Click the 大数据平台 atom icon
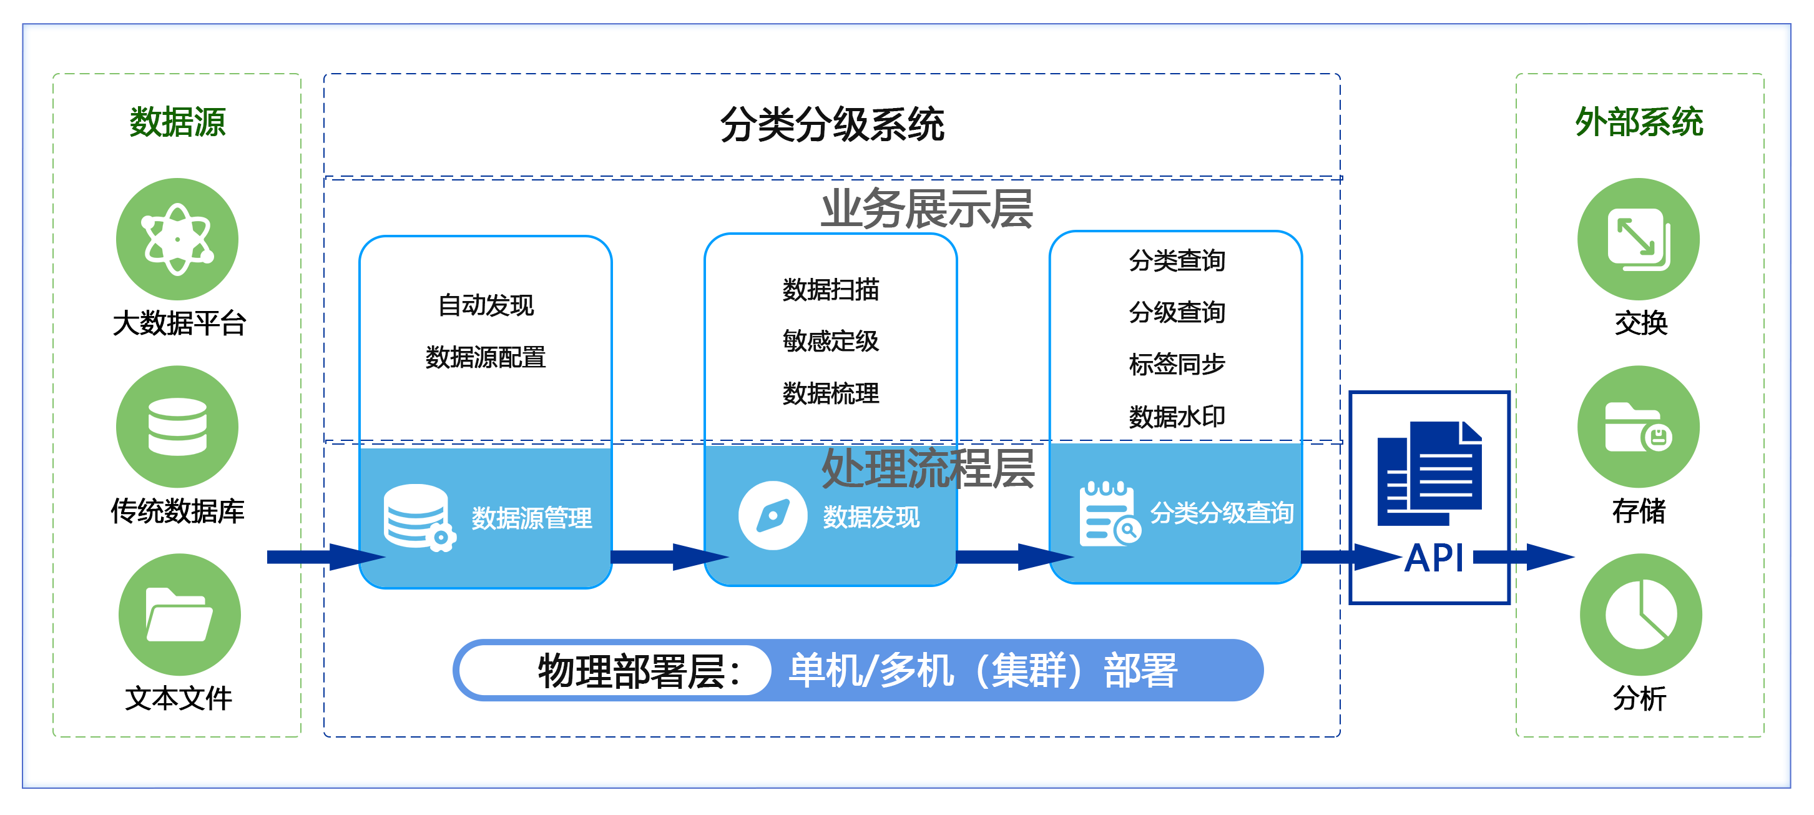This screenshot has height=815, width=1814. coord(177,239)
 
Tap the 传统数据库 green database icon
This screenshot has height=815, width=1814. coord(177,427)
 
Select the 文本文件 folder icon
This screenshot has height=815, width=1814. coord(179,615)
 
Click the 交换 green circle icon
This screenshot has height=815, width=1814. coord(1638,239)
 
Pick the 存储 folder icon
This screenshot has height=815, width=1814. coord(1638,427)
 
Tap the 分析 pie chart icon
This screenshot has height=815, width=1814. coord(1640,615)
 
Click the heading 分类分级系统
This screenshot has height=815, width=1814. coord(831,125)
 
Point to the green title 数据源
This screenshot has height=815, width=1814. coord(177,122)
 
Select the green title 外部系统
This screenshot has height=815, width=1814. coord(1639,122)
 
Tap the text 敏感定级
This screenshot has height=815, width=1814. coord(830,341)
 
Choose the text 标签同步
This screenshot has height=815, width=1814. coord(1177,364)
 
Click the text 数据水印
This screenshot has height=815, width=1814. coord(1177,417)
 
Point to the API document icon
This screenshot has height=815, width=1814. coord(1429,473)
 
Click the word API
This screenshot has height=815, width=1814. coord(1434,558)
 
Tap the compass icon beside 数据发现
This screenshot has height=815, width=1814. coord(773,516)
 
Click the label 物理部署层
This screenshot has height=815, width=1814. coord(638,671)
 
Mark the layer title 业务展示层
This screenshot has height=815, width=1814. coord(927,209)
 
